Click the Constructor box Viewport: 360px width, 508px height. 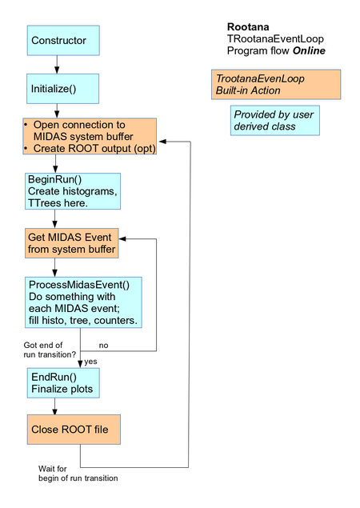pos(62,41)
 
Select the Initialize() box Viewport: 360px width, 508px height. pos(62,89)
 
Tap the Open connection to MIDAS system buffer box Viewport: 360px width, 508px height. pos(89,137)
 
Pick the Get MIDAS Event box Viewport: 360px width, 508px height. pos(72,242)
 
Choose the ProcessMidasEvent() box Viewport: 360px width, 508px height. pos(84,301)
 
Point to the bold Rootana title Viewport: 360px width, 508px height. pos(249,26)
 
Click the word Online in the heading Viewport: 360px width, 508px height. pos(309,51)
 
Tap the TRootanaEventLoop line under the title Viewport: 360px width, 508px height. pos(275,38)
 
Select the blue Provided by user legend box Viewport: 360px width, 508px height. pos(274,120)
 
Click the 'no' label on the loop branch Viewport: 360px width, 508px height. pos(103,346)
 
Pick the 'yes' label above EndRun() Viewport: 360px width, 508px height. pos(90,362)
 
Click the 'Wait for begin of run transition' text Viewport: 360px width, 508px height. pos(78,473)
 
